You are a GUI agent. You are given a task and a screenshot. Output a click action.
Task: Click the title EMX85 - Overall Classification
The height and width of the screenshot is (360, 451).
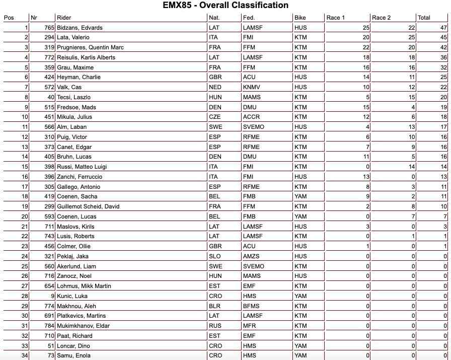coord(225,6)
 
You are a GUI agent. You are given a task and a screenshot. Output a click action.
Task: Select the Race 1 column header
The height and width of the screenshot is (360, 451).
coord(336,18)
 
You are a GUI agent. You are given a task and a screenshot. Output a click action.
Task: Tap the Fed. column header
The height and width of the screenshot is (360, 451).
coord(249,18)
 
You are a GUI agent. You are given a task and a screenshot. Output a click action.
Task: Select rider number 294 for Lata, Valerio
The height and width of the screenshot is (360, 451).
coord(49,37)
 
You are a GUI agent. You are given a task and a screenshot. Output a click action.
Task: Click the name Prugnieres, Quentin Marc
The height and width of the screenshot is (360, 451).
coord(90,47)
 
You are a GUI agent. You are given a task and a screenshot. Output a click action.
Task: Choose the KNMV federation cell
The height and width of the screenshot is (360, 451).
coord(252,87)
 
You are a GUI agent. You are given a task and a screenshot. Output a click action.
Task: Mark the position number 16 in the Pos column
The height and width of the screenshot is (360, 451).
coord(25,177)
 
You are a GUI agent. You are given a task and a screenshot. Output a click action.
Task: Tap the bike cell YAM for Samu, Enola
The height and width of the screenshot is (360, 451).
coord(300,356)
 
